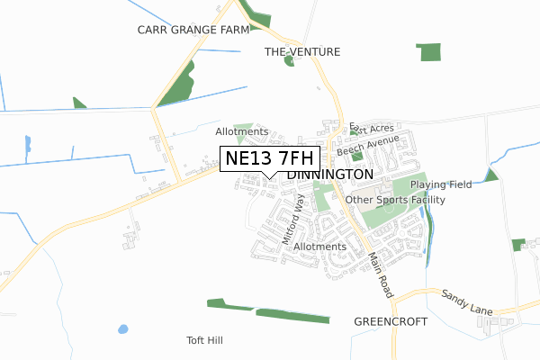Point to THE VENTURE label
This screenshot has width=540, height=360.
302,52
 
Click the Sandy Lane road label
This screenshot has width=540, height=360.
467,301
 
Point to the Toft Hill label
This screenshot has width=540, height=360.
204,341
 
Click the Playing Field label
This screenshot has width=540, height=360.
441,184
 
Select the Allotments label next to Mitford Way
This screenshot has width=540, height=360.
320,247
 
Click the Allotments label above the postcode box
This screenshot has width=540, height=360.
241,131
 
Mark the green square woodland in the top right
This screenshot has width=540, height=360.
430,51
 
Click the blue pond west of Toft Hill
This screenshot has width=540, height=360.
122,328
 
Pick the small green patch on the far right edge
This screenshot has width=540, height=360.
517,245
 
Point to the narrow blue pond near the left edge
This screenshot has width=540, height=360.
27,143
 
